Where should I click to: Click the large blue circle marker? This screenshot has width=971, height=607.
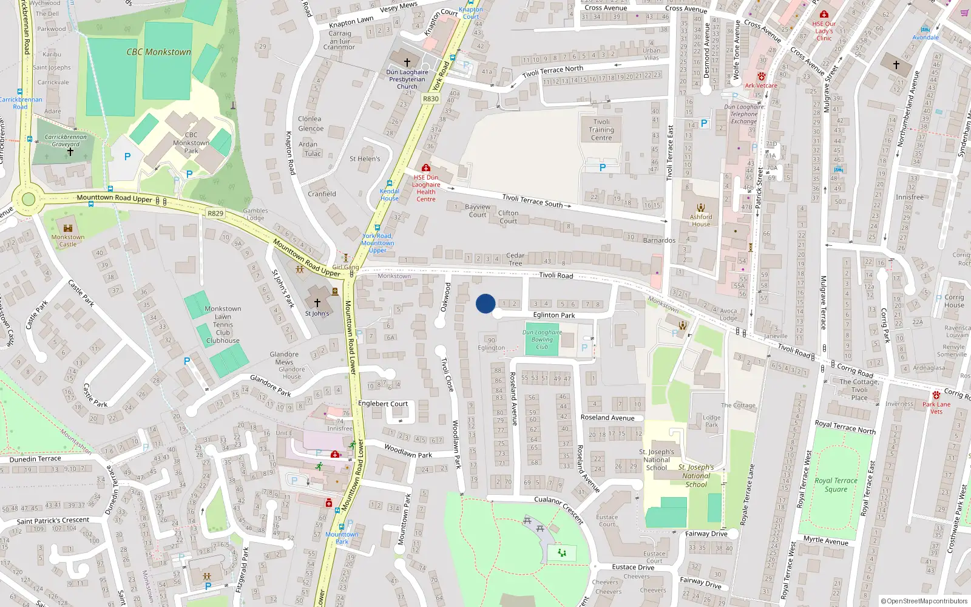(x=486, y=303)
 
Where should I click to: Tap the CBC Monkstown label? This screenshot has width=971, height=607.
(x=158, y=52)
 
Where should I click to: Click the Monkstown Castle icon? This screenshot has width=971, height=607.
(x=68, y=228)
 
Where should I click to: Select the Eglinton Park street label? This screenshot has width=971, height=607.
(x=553, y=315)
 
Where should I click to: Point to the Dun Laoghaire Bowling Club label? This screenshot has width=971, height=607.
(x=542, y=339)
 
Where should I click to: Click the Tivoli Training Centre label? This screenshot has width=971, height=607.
(x=601, y=129)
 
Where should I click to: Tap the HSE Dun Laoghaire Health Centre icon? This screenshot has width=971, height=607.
(x=426, y=168)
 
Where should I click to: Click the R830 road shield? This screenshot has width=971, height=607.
(x=430, y=99)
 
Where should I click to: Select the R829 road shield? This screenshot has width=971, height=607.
(x=215, y=213)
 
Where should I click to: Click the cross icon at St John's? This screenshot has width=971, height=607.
(x=317, y=302)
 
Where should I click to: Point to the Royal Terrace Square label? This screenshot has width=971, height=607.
(x=836, y=484)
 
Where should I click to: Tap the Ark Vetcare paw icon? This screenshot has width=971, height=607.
(x=761, y=77)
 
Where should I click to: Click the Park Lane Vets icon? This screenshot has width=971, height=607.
(x=936, y=395)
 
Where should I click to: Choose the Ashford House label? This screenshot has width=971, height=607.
(x=701, y=220)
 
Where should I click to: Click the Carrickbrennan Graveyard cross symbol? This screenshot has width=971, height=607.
(x=70, y=152)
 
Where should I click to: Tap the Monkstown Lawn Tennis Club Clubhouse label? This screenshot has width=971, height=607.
(x=223, y=325)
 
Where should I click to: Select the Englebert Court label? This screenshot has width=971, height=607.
(x=383, y=404)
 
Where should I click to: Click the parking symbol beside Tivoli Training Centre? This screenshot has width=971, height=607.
(x=602, y=168)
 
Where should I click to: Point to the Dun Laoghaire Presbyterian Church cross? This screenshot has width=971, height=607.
(x=407, y=62)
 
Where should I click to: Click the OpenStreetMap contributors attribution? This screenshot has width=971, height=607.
(x=924, y=601)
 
